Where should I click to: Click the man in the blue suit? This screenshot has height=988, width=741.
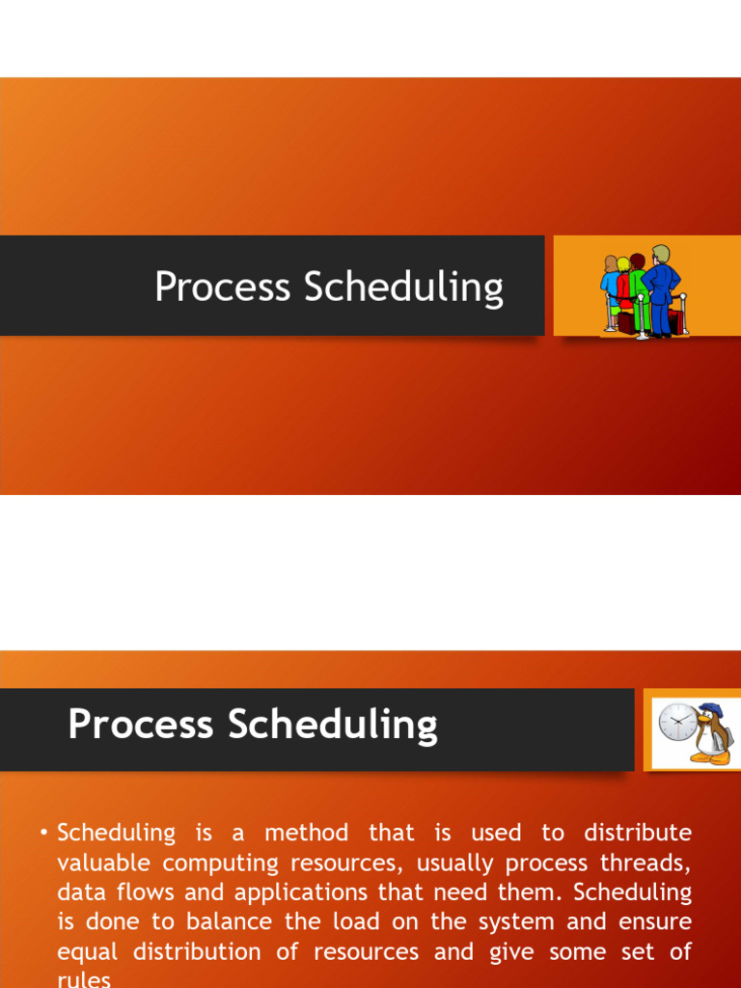661,289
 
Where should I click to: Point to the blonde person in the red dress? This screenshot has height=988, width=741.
623,289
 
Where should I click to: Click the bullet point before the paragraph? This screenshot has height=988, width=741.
44,833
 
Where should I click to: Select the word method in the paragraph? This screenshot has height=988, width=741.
306,833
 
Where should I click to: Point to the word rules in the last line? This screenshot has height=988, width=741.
84,980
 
